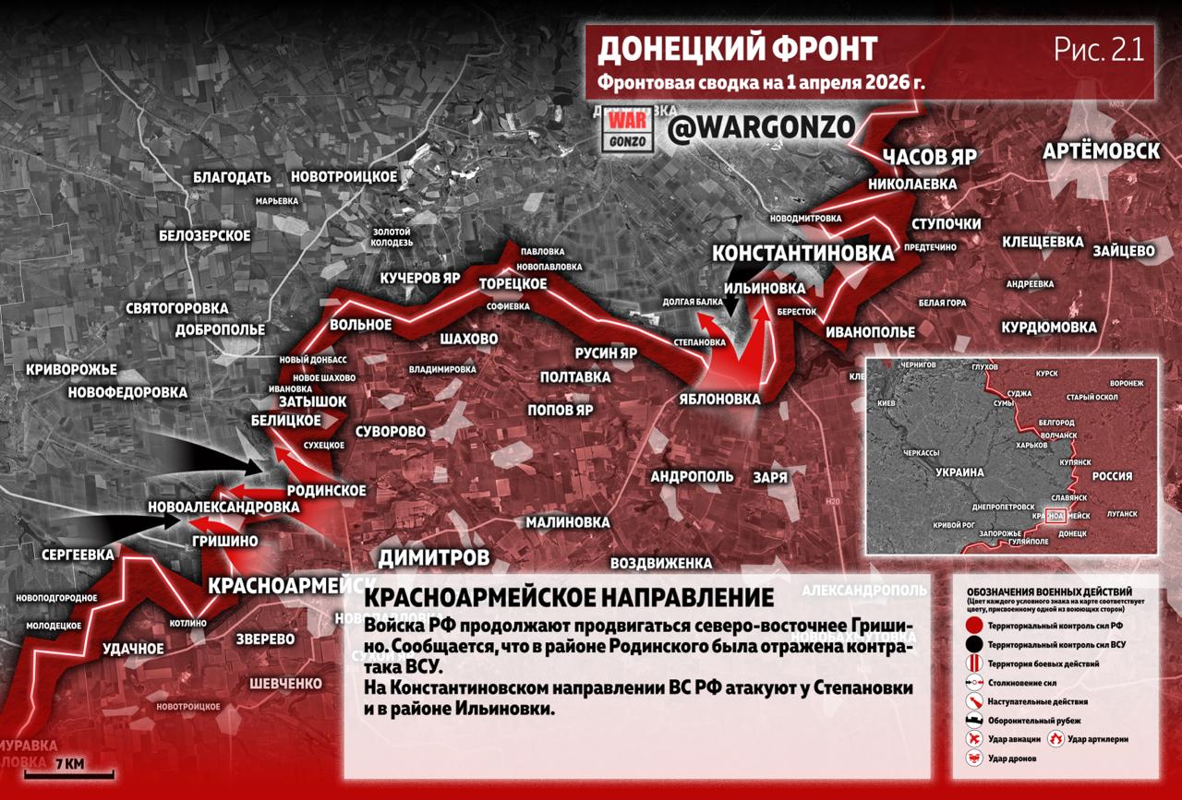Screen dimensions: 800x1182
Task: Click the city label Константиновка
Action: pyautogui.click(x=802, y=254)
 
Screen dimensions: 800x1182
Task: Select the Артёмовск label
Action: pyautogui.click(x=1101, y=151)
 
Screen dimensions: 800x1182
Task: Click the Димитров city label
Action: pyautogui.click(x=434, y=557)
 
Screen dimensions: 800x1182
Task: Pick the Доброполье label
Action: pyautogui.click(x=221, y=329)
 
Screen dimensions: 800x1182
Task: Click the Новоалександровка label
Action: pyautogui.click(x=223, y=507)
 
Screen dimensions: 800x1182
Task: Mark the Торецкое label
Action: pyautogui.click(x=513, y=283)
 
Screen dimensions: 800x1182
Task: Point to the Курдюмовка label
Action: pyautogui.click(x=1049, y=328)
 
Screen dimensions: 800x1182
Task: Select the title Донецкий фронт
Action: pyautogui.click(x=737, y=48)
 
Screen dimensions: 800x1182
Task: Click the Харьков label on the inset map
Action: pyautogui.click(x=1034, y=446)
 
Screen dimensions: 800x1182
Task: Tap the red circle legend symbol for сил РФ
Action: pyautogui.click(x=972, y=625)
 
